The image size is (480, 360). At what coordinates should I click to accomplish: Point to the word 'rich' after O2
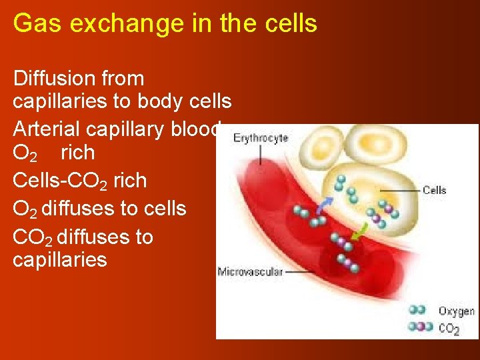point(77,153)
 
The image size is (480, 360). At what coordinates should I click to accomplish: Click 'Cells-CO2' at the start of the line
point(61,181)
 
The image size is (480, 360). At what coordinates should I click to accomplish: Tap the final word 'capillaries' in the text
point(59,259)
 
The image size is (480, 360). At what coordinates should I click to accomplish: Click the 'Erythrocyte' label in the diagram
point(261,139)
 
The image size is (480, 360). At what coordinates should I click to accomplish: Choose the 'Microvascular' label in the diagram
point(250,271)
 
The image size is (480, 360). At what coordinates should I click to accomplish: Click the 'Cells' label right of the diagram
point(435,191)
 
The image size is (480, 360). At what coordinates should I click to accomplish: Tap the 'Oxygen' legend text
point(456,311)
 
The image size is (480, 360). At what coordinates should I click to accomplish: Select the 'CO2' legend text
point(449,328)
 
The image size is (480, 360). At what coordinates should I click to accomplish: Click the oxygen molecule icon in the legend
point(417,311)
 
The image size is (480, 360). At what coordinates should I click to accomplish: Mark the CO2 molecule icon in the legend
point(420,327)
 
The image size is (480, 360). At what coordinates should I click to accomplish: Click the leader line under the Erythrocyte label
point(261,155)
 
